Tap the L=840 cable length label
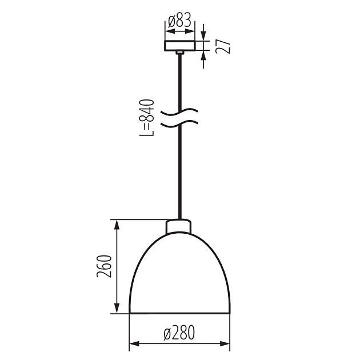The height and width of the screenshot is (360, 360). point(147,118)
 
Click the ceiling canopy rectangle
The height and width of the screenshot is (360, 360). point(179,46)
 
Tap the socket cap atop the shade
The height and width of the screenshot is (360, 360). point(179,226)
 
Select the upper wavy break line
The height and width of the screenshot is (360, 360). point(179,110)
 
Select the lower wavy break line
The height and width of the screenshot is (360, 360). point(179,123)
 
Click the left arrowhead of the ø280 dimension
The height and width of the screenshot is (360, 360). point(133,344)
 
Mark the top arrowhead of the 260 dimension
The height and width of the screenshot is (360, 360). point(117,223)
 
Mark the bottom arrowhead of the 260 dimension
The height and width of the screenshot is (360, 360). point(117,310)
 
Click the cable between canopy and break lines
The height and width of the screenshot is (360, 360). point(179,80)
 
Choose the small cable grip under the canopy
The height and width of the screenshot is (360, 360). point(179,53)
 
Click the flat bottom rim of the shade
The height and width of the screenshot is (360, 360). point(179,313)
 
